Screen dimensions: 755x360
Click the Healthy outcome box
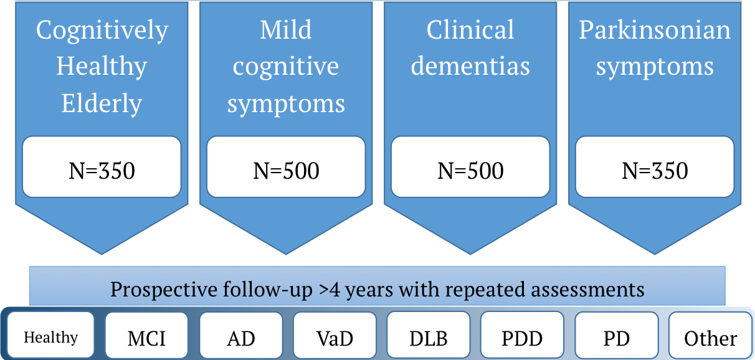tap(50, 334)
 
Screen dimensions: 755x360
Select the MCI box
tap(146, 335)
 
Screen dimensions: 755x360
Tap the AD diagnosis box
tap(241, 335)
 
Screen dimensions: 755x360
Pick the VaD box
tap(335, 335)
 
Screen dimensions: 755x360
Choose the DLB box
tap(429, 335)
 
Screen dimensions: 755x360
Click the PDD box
tap(522, 335)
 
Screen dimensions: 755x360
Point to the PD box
tap(617, 335)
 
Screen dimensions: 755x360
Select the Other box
tap(711, 335)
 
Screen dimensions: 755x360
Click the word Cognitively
tap(102, 31)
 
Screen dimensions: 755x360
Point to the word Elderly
tap(102, 104)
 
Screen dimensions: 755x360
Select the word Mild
tap(286, 30)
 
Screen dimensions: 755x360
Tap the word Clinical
tap(470, 30)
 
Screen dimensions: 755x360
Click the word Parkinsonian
tap(655, 30)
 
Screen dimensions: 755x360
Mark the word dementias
tap(470, 66)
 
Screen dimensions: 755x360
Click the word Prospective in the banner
tap(164, 290)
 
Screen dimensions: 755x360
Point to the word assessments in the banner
tap(587, 290)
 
